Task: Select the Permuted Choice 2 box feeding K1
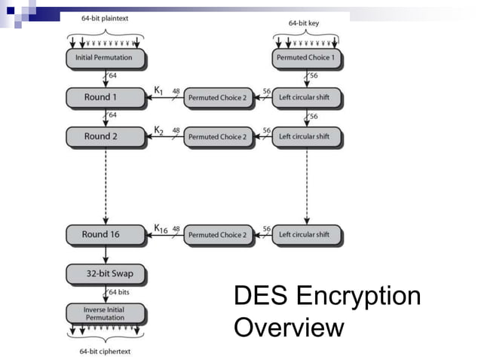216,97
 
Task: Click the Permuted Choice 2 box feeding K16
216,235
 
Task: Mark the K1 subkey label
159,90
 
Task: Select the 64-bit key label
305,23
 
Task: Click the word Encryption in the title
358,296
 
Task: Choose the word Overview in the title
289,328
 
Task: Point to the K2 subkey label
159,130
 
